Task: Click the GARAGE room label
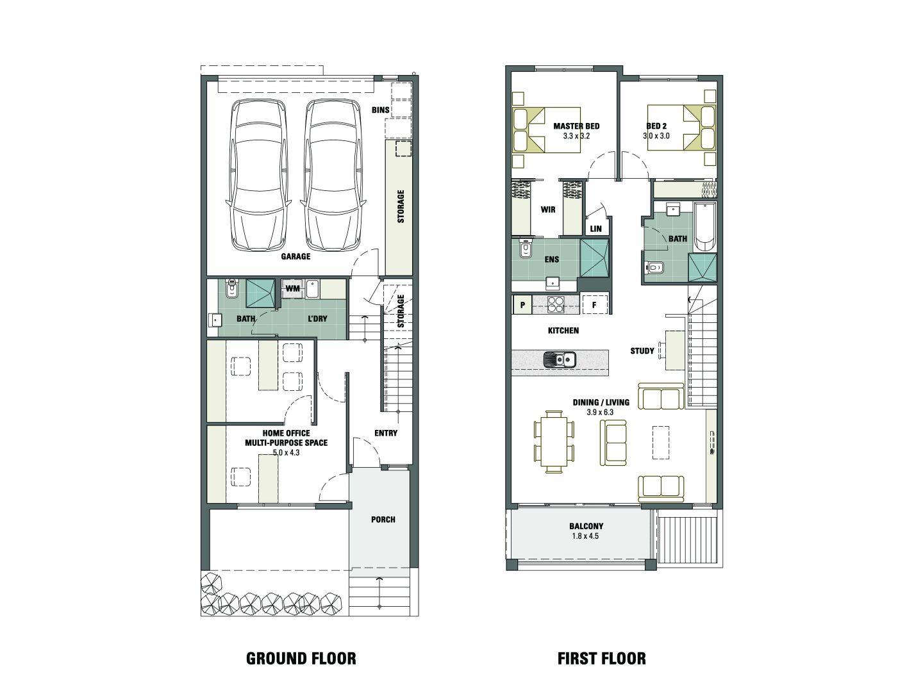295,256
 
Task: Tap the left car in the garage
259,176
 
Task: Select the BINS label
381,110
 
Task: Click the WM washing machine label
293,288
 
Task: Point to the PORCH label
383,520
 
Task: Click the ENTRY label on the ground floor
386,433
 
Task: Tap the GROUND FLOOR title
301,659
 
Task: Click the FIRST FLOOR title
602,659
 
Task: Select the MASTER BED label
576,126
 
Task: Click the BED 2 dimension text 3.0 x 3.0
656,136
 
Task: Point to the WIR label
548,210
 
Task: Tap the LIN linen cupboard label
596,229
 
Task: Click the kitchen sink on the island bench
560,359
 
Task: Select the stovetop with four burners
556,304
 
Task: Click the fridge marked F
594,305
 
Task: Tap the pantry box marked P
522,305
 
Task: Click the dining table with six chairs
554,441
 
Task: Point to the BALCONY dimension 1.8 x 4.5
585,536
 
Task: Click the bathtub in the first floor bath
705,227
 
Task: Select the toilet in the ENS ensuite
525,249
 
